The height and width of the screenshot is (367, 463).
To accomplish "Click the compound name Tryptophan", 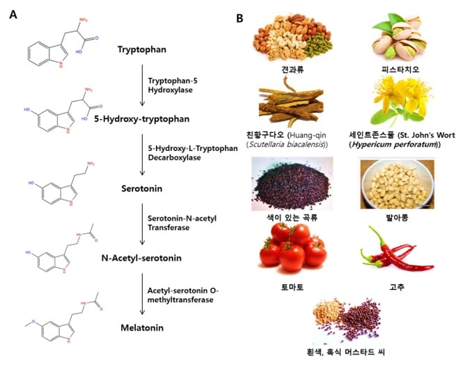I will (142, 49).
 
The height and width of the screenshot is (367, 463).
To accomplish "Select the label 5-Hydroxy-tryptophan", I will (143, 119).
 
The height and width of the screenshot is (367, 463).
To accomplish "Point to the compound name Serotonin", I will (142, 188).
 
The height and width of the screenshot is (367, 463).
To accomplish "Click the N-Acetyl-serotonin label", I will (142, 258).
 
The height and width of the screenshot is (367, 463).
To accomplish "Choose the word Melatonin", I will (142, 327).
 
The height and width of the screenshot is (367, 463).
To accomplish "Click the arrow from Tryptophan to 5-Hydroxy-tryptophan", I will (142, 84).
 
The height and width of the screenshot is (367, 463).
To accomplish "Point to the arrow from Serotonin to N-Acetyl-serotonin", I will (142, 223).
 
